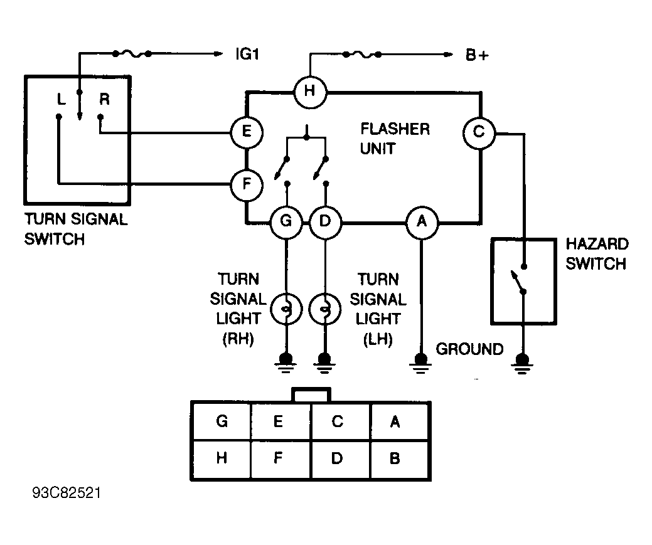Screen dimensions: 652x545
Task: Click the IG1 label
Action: [x=247, y=54]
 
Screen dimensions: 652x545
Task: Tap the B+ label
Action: [x=477, y=55]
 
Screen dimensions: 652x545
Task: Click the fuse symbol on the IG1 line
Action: [x=131, y=54]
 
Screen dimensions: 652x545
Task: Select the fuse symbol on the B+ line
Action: [x=361, y=55]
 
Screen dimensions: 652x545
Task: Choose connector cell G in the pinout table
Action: [x=222, y=421]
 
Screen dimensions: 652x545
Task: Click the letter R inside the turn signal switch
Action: [x=104, y=99]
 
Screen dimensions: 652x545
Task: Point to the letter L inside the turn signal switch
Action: [x=61, y=99]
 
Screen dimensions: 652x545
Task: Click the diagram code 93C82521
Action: [x=67, y=493]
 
